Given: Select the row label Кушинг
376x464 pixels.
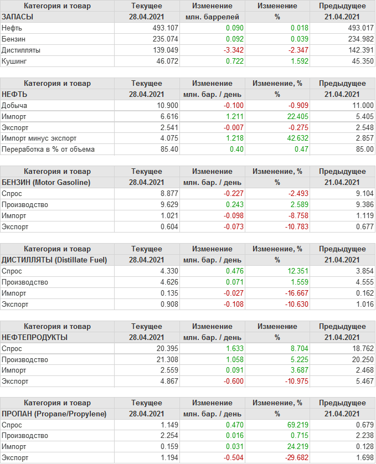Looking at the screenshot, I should click(15, 61).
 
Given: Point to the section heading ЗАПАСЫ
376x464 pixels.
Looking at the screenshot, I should click(18, 17).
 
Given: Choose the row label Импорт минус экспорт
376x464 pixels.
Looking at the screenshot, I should click(39, 138).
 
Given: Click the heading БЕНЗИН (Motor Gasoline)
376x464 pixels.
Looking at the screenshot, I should click(46, 182).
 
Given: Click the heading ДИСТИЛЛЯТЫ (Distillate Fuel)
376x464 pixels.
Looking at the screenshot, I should click(54, 260).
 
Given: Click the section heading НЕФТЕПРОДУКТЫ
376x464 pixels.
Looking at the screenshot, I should click(35, 337).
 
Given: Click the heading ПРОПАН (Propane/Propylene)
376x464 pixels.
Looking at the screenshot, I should click(54, 414).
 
